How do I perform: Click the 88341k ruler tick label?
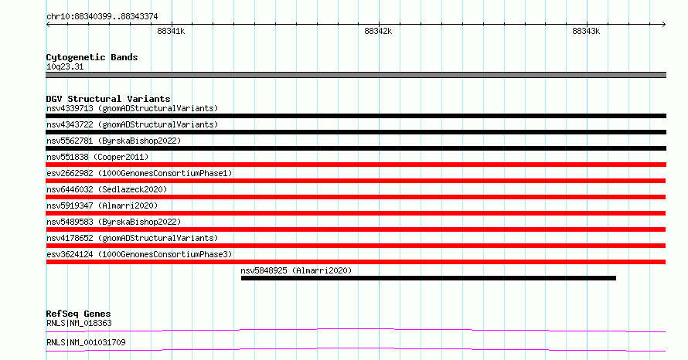[x=171, y=31]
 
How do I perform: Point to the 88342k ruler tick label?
[x=378, y=31]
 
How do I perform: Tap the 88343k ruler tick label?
[x=586, y=31]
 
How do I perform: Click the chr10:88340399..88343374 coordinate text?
[x=102, y=17]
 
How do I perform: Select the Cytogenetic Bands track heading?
[x=92, y=57]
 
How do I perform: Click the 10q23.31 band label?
[x=65, y=66]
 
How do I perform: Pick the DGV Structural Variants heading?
[x=108, y=99]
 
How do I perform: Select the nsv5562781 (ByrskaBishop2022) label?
[x=114, y=141]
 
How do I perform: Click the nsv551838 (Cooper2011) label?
[x=97, y=157]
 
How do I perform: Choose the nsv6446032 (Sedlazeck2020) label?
[x=107, y=189]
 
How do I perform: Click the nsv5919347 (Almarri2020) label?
[x=102, y=205]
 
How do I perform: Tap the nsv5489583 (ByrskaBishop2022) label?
[x=114, y=222]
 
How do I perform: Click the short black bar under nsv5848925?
[x=428, y=278]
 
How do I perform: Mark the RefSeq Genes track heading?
[x=78, y=314]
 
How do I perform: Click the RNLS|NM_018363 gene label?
[x=79, y=323]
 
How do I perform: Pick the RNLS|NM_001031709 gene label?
[x=86, y=342]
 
